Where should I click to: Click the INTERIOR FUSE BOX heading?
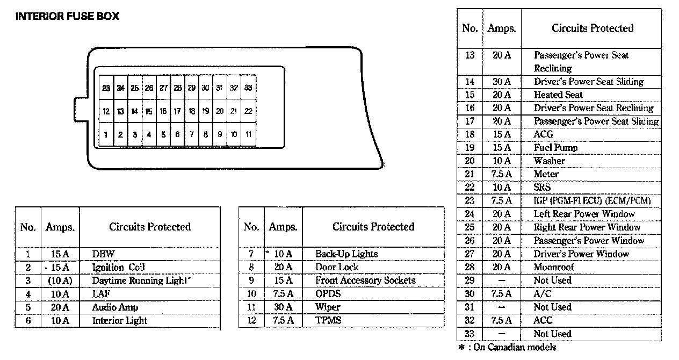(67, 17)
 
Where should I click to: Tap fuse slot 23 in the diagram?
(106, 88)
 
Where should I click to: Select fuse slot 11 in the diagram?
(248, 135)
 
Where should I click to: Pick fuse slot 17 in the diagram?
(177, 111)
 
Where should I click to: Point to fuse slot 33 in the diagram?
(248, 88)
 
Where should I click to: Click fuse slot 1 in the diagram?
(106, 135)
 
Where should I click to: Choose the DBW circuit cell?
(104, 254)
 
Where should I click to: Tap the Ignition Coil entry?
(119, 267)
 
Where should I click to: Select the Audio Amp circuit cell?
(115, 307)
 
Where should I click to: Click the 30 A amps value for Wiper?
(283, 307)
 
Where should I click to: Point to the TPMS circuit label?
(328, 321)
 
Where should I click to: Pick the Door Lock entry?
(337, 267)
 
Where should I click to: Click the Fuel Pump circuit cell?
(555, 148)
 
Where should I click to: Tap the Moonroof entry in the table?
(553, 267)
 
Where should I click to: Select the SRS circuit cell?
(542, 188)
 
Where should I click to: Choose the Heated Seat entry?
(558, 95)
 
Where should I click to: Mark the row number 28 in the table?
(469, 267)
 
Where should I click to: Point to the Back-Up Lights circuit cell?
(346, 254)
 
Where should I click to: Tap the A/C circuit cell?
(542, 294)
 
